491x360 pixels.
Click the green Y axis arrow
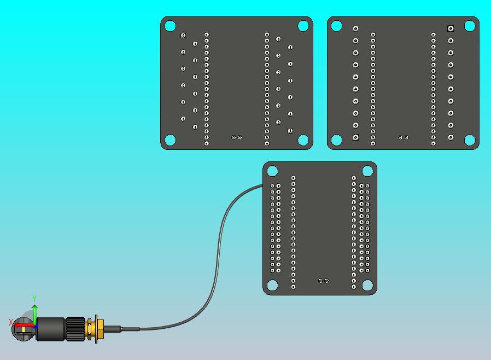click(34, 313)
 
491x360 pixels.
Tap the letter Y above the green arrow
click(34, 299)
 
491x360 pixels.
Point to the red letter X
click(11, 323)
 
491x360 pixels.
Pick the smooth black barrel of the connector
click(51, 329)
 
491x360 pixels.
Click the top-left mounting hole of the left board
click(170, 26)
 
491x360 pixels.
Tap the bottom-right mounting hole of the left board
click(303, 140)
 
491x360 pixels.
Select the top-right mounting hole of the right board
click(470, 26)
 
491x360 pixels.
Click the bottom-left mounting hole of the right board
click(337, 140)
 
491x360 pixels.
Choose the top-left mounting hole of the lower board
click(272, 171)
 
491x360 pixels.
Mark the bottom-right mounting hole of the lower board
click(367, 286)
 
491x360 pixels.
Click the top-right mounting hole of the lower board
click(367, 171)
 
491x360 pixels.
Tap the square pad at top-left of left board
click(183, 36)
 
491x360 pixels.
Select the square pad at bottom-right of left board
click(290, 131)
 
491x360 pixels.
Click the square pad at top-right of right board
click(451, 28)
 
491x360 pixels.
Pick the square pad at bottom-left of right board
click(355, 137)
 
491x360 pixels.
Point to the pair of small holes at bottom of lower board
click(323, 281)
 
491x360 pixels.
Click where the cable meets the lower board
click(263, 186)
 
